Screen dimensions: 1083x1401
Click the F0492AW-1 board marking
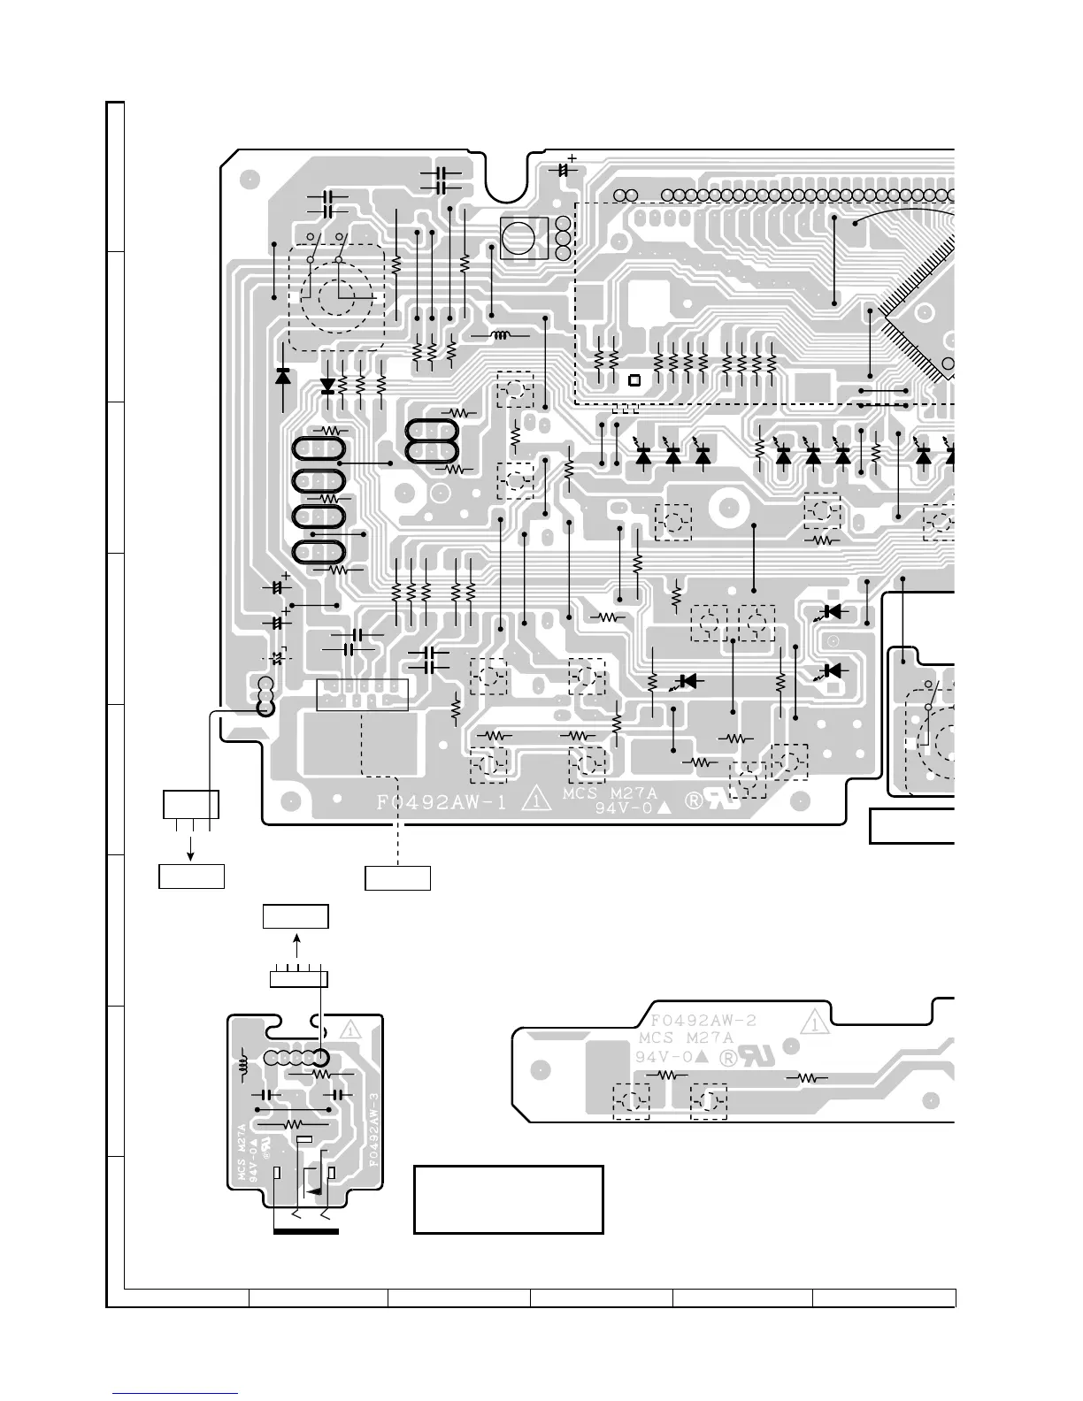[442, 802]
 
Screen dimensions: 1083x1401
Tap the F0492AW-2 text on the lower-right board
[703, 1021]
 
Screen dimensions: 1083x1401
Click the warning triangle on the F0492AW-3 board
[350, 1029]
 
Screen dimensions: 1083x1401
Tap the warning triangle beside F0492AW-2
[815, 1022]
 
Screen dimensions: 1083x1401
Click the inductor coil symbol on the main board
[501, 335]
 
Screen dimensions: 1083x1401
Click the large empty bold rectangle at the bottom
[508, 1199]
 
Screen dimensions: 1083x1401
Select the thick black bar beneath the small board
[306, 1231]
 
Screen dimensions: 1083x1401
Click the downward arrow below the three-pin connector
[190, 846]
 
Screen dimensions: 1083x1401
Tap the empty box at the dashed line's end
[397, 878]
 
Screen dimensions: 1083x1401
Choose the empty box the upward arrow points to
[296, 916]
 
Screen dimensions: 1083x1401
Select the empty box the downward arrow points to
[192, 877]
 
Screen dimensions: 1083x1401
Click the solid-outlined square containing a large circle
[524, 238]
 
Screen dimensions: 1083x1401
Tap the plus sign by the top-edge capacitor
[572, 157]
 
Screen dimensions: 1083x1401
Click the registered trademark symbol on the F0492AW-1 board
[694, 800]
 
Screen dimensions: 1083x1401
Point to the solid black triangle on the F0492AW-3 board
[314, 1192]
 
